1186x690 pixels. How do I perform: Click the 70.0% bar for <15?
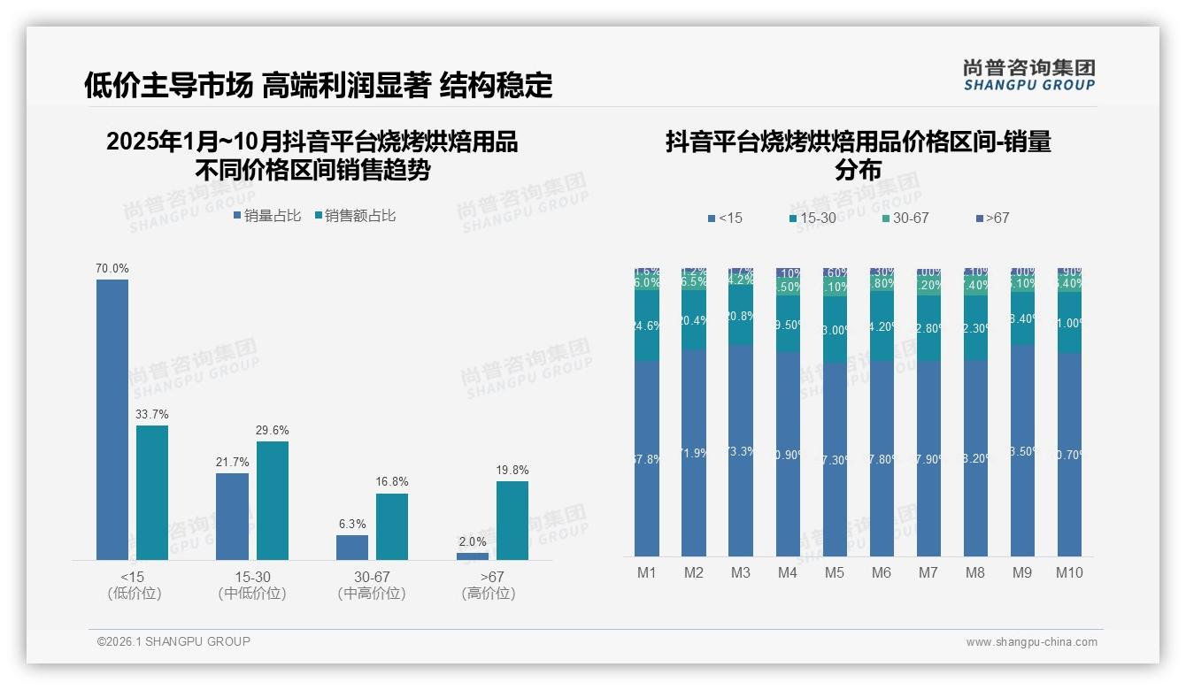coord(112,419)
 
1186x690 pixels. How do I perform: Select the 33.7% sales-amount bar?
coord(152,492)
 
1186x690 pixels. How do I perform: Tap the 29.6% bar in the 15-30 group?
coord(273,500)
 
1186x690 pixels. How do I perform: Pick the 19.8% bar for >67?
coord(512,520)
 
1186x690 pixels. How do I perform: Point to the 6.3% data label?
coord(352,525)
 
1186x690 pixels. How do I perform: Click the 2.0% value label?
coord(473,542)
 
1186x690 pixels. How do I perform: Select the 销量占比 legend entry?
coord(267,216)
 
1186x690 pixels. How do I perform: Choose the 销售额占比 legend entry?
coord(355,216)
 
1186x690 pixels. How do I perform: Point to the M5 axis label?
coord(835,572)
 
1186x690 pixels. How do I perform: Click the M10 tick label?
coord(1069,572)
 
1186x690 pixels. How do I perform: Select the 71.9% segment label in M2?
coord(694,453)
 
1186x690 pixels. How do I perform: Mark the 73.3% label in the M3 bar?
coord(741,451)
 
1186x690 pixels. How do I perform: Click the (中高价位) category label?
coord(372,594)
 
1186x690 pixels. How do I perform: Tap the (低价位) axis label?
coord(135,594)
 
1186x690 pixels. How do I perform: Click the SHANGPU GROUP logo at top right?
coord(1029,75)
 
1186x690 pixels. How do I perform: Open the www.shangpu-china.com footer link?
coord(1031,642)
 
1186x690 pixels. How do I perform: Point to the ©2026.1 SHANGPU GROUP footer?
coord(173,641)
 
